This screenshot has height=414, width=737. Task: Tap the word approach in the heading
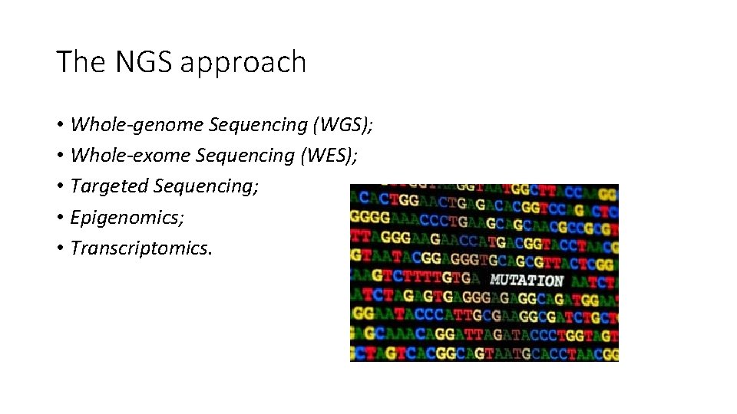(x=243, y=64)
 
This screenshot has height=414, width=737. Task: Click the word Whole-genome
(x=137, y=125)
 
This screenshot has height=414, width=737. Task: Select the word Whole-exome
(x=131, y=156)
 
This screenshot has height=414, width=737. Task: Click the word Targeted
(x=109, y=186)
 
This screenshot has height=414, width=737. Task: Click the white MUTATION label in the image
(x=527, y=281)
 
